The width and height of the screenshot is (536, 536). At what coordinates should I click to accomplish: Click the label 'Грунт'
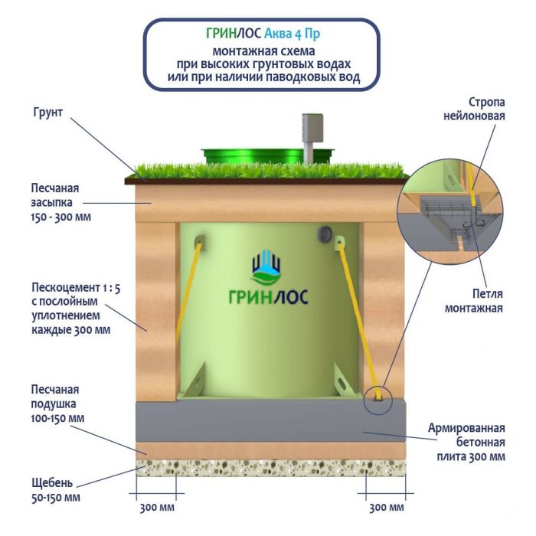(48, 112)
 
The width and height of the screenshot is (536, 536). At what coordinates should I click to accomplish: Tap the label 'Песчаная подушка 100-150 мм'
(54, 404)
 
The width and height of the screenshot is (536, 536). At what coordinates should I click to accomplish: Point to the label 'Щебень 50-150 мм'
(52, 490)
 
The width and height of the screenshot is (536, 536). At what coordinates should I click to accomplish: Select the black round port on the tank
(325, 231)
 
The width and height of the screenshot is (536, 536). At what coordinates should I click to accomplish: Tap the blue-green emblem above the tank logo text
(266, 266)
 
